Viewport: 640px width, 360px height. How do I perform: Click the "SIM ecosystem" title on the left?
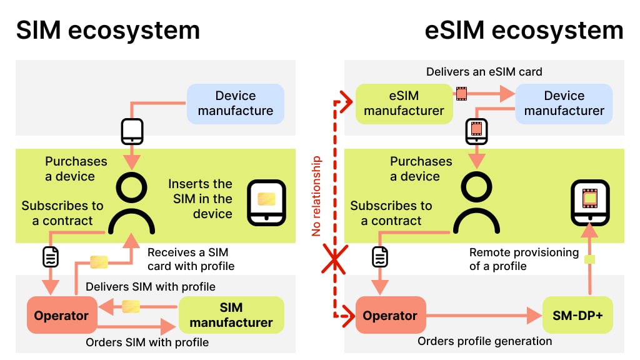coord(107,30)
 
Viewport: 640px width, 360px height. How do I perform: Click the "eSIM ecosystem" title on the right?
coord(524,30)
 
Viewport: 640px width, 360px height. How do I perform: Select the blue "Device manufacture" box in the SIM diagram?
coord(236,103)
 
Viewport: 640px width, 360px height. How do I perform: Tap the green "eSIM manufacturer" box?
coord(404,103)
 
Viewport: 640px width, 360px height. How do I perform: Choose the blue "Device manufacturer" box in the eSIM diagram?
coord(564,103)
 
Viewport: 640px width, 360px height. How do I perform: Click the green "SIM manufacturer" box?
coord(231,315)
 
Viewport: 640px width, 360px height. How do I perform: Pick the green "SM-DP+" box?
coord(577,316)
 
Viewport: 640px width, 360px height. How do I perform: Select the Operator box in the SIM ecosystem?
coord(61,316)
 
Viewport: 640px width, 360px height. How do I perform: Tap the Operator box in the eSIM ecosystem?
coord(390,316)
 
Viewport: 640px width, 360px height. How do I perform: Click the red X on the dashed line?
coord(334,260)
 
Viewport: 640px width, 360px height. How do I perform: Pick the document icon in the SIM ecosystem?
coord(51,257)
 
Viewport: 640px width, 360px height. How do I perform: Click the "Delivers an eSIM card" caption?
coord(484,72)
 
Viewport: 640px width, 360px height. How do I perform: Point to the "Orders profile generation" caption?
coord(484,341)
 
